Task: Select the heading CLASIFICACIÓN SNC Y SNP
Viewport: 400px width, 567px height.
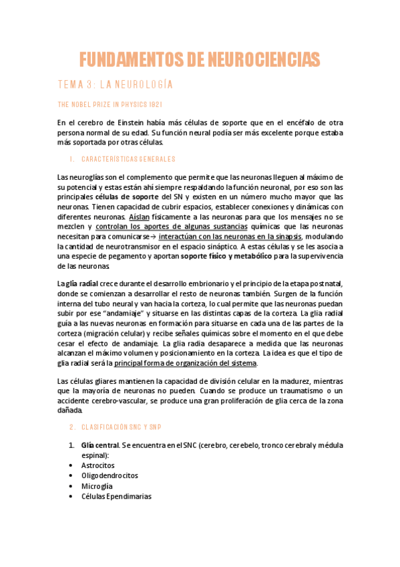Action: pos(126,427)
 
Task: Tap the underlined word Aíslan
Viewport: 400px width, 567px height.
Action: pos(139,217)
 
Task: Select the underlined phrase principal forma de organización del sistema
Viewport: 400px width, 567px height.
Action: pos(185,363)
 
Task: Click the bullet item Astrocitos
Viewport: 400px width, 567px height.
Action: pos(97,465)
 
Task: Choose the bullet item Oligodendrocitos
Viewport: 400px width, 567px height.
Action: pos(110,475)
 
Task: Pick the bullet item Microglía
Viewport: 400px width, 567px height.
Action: pos(97,486)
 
